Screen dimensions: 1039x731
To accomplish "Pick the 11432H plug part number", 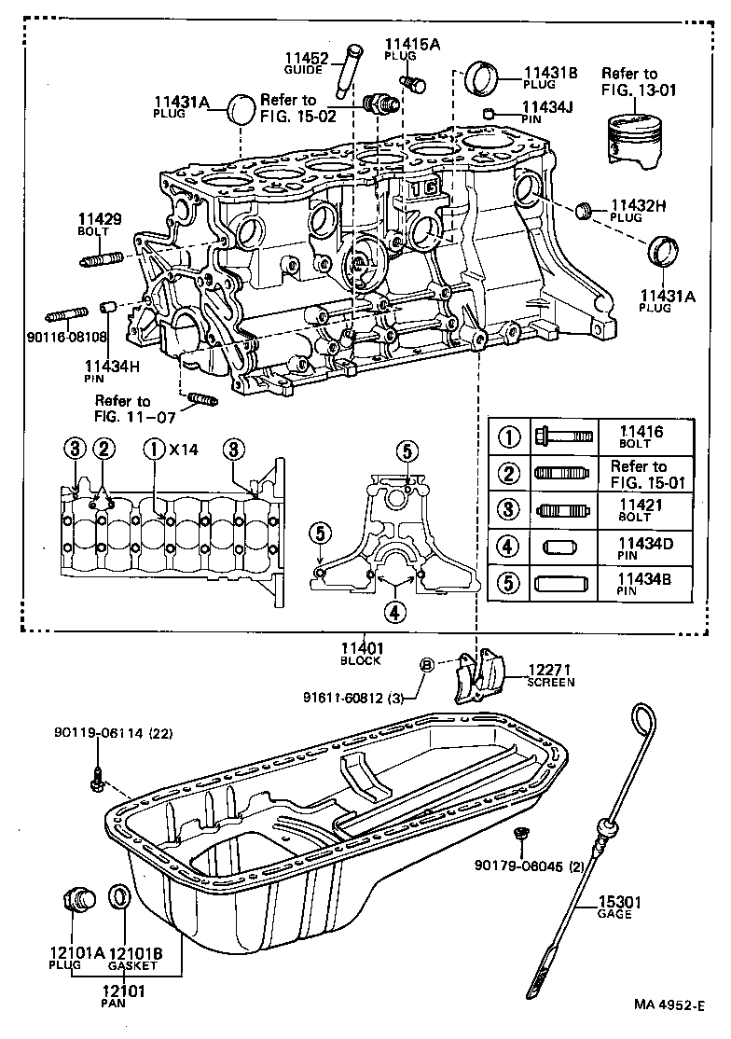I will (639, 205).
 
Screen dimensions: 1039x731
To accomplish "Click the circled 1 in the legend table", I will (509, 436).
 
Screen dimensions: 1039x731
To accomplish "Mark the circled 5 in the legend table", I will (509, 585).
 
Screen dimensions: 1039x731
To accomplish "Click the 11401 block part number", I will (362, 648).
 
